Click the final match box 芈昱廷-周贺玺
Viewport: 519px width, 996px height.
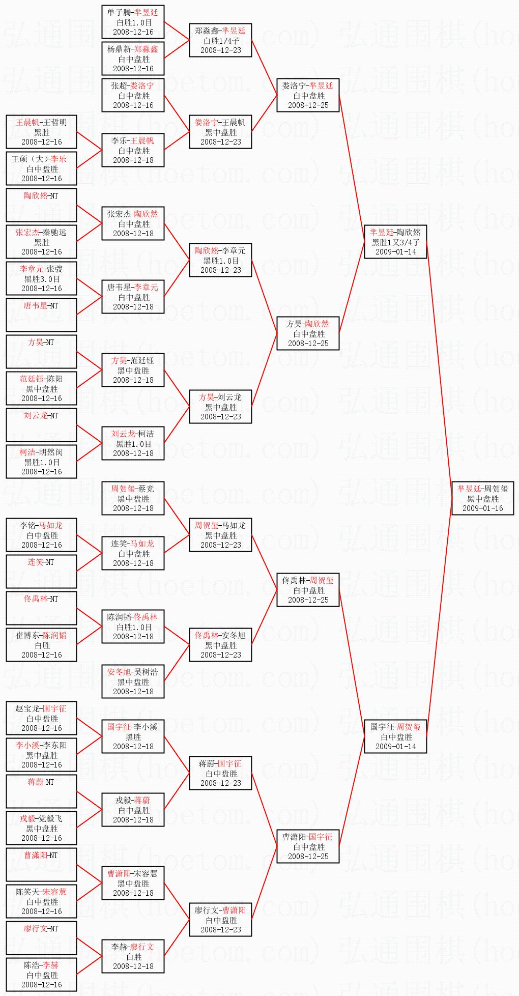coord(482,498)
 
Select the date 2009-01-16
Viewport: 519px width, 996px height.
coord(482,508)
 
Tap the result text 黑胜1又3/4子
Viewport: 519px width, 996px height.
coord(395,242)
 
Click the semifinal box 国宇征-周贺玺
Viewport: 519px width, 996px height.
coord(395,736)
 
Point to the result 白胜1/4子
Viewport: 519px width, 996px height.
coord(221,41)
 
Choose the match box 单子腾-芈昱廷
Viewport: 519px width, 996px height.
coord(133,22)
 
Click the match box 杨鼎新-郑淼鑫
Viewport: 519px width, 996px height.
coord(133,59)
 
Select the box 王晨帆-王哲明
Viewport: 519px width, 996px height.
coord(41,132)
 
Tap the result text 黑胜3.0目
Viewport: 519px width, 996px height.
coord(42,279)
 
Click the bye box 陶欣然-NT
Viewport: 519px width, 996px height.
coord(41,205)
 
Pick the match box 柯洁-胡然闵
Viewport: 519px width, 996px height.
coord(41,462)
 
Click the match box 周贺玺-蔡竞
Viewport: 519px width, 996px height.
coord(133,498)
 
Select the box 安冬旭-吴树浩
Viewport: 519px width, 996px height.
coord(133,681)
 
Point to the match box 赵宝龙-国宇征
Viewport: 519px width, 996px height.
coord(41,718)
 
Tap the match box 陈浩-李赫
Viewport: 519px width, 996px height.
coord(41,975)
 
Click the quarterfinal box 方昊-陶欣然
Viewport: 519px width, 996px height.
coord(308,333)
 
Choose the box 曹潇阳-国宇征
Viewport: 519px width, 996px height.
coord(308,846)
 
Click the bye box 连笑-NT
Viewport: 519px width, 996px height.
coord(41,572)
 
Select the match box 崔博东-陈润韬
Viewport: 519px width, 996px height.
coord(41,645)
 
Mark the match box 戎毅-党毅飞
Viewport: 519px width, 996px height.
coord(41,828)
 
